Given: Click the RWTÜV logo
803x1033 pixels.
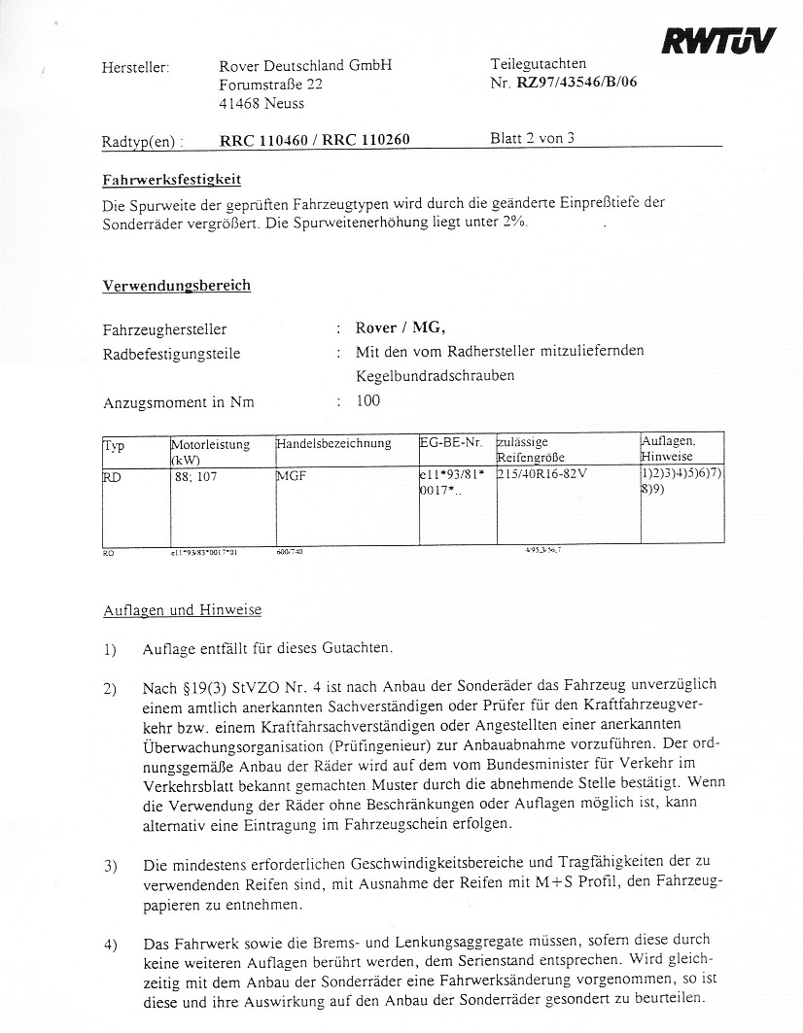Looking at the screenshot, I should pyautogui.click(x=718, y=39).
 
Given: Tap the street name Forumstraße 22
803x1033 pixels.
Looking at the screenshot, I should pyautogui.click(x=271, y=85).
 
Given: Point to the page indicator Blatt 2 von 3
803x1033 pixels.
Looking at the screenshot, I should pyautogui.click(x=533, y=138).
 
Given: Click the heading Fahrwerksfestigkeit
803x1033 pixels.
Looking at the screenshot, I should pyautogui.click(x=171, y=180).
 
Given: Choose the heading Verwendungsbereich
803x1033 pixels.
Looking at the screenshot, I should pyautogui.click(x=176, y=286).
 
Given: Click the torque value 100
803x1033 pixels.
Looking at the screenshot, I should pyautogui.click(x=368, y=400).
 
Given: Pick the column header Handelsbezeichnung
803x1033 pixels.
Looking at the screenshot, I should pyautogui.click(x=333, y=443).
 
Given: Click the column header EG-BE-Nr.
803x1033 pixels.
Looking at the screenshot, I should pyautogui.click(x=451, y=443).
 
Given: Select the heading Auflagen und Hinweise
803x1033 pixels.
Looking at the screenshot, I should pyautogui.click(x=182, y=610).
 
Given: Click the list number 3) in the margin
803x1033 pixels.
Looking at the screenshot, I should pyautogui.click(x=110, y=864).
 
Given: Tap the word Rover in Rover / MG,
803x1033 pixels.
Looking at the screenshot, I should pyautogui.click(x=376, y=327).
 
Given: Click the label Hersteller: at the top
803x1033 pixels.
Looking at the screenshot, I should pyautogui.click(x=135, y=68).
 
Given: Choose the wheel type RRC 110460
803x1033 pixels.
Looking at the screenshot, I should pyautogui.click(x=263, y=140).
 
